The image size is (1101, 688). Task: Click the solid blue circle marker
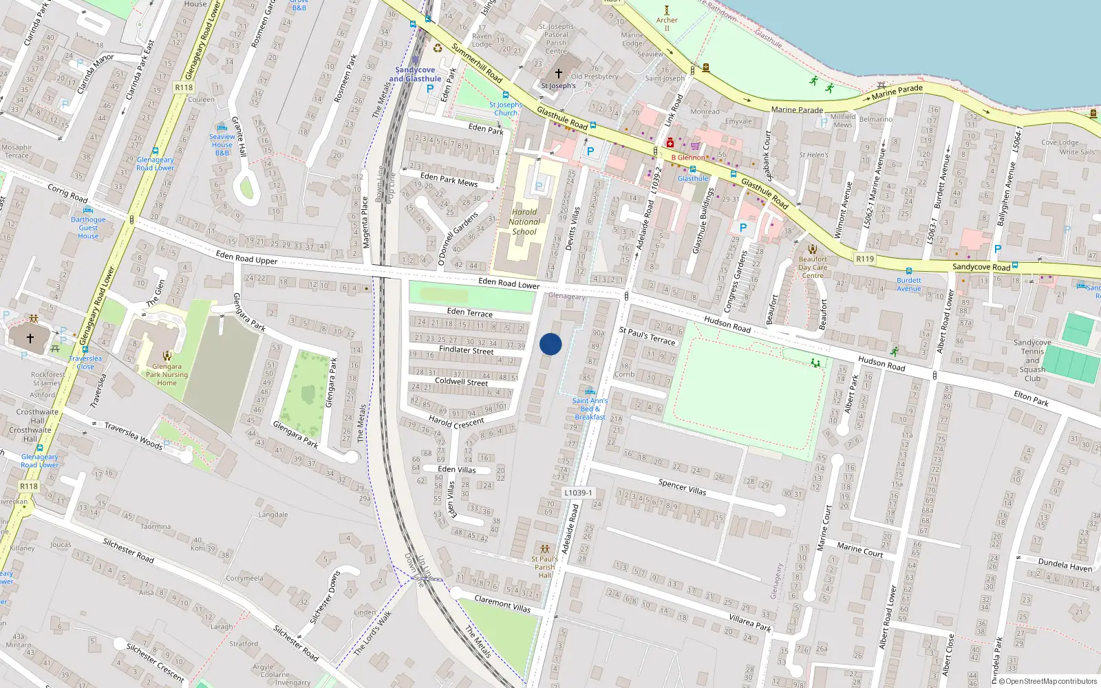click(550, 344)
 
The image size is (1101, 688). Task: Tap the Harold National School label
click(524, 222)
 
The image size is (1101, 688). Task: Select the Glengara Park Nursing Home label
click(167, 375)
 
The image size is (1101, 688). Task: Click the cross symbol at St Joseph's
click(559, 74)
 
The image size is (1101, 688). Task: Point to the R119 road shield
click(865, 259)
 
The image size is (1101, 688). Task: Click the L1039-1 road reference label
click(577, 493)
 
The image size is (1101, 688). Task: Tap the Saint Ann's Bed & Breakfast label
click(590, 409)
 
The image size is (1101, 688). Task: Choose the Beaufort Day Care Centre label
click(813, 268)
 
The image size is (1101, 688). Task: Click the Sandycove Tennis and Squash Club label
click(1032, 361)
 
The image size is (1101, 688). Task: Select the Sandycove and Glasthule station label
click(415, 74)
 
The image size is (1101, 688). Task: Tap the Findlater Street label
click(466, 350)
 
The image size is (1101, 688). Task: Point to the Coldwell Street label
click(461, 382)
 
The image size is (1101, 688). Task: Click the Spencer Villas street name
click(682, 486)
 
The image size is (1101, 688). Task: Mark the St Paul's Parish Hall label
click(545, 567)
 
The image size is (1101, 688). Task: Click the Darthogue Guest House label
click(88, 228)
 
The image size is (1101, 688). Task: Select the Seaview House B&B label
click(222, 144)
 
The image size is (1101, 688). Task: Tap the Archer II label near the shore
click(666, 20)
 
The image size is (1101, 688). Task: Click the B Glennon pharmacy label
click(688, 158)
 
